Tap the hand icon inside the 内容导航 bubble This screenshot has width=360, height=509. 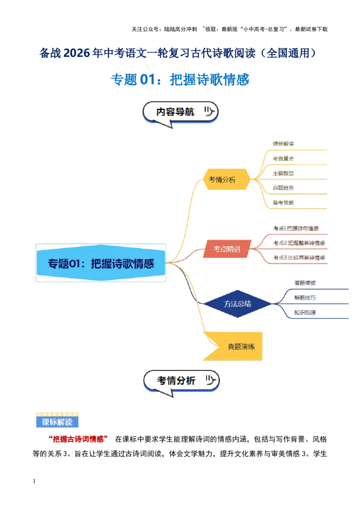click(x=208, y=111)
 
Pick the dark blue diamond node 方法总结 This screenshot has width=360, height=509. click(x=237, y=304)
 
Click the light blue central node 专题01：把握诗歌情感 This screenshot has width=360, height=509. click(x=101, y=263)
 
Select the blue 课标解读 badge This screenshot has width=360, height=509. click(x=56, y=422)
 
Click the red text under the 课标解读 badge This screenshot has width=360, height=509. click(x=77, y=439)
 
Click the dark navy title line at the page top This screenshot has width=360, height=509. click(x=178, y=53)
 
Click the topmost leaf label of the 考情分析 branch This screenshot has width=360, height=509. click(x=283, y=144)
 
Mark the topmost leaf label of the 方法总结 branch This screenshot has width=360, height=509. click(x=305, y=283)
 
